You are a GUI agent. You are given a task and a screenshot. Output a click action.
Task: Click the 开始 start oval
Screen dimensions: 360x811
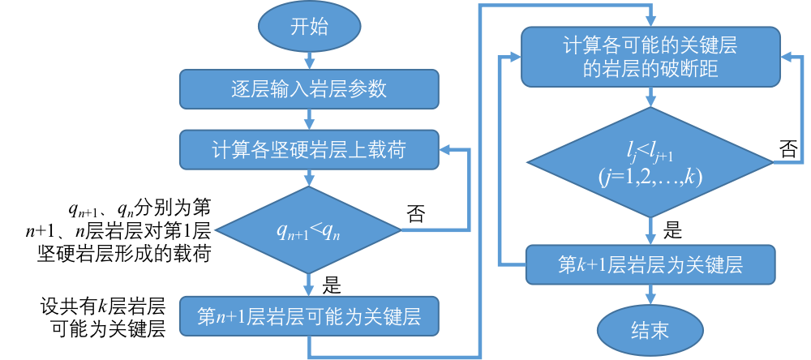309,28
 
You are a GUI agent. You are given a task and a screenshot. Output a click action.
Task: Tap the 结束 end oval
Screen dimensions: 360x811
649,329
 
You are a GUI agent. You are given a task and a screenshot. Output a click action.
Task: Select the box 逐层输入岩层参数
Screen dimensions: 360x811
309,88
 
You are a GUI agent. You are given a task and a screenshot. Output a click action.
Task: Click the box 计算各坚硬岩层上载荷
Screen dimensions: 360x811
309,149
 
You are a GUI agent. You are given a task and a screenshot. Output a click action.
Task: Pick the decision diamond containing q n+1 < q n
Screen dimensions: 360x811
309,230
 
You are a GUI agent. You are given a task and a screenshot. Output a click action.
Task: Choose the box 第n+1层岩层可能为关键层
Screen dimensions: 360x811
309,315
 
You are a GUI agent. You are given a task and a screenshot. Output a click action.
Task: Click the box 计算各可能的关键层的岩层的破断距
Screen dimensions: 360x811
649,57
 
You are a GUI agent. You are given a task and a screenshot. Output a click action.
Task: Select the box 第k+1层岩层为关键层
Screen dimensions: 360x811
649,264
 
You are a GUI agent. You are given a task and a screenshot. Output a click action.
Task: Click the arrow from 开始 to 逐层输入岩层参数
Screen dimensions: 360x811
309,59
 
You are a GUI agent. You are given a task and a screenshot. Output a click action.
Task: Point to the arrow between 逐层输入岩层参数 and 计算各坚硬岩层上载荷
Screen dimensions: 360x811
309,119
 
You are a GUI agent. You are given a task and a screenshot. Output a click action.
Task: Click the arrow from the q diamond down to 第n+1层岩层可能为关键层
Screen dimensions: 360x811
309,285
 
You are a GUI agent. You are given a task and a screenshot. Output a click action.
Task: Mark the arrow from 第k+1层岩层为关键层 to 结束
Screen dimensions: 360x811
649,296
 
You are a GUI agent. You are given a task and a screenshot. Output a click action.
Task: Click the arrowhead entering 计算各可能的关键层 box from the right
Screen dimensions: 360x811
784,58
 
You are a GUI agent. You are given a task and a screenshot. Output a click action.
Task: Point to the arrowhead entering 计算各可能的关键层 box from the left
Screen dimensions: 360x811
513,58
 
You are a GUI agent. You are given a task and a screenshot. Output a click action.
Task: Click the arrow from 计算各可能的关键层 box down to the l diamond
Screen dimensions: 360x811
649,97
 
